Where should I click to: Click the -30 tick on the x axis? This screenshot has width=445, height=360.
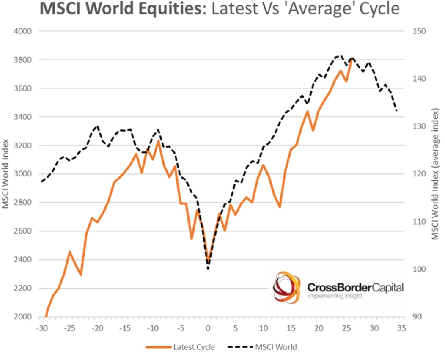pyautogui.click(x=41, y=328)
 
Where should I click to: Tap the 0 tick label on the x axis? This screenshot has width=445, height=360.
pyautogui.click(x=208, y=328)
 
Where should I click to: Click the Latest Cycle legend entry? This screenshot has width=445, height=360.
pyautogui.click(x=194, y=347)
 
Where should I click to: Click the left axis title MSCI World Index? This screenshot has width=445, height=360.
pyautogui.click(x=6, y=173)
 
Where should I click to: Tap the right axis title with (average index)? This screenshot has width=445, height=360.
pyautogui.click(x=435, y=174)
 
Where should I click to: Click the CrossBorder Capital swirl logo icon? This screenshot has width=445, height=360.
pyautogui.click(x=287, y=287)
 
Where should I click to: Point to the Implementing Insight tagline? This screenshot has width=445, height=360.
pyautogui.click(x=335, y=296)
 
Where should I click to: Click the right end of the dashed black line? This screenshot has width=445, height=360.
pyautogui.click(x=397, y=111)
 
